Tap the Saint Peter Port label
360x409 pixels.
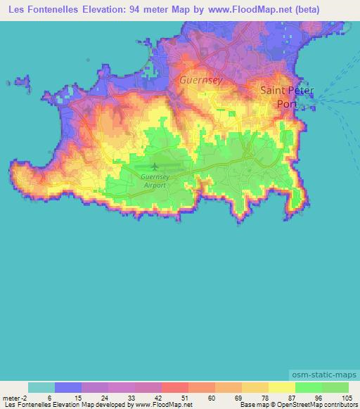(x=287, y=96)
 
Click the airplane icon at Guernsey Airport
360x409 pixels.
(x=154, y=167)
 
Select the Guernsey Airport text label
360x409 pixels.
(x=154, y=181)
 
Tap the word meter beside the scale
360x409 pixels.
(x=11, y=397)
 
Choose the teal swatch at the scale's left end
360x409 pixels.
(x=41, y=387)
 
